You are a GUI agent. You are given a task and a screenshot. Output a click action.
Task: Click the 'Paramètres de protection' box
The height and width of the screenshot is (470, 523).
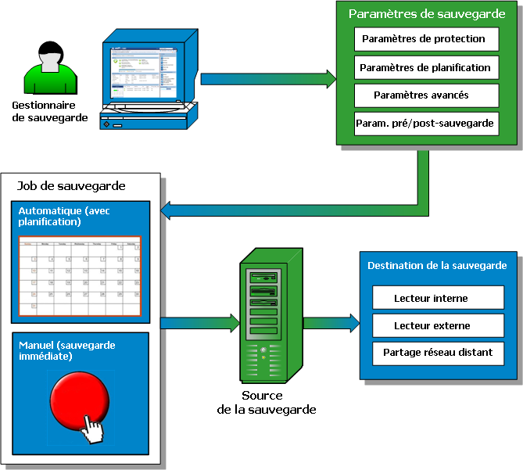[x=425, y=39]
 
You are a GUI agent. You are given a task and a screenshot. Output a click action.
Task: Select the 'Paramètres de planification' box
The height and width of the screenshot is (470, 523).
[x=425, y=67]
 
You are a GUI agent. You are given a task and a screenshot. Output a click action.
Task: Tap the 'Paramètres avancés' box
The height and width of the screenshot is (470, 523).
[x=425, y=95]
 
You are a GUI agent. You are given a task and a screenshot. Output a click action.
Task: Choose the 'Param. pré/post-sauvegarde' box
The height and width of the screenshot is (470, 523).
[x=425, y=124]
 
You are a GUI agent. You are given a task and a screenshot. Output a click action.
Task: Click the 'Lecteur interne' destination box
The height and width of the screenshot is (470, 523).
[x=437, y=298]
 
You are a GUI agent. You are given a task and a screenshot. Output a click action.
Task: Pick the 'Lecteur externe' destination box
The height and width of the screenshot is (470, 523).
[x=437, y=325]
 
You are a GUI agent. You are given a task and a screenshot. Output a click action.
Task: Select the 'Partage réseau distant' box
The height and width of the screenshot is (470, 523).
[x=437, y=353]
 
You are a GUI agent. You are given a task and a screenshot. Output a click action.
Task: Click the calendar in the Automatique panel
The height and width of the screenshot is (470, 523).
[x=80, y=277]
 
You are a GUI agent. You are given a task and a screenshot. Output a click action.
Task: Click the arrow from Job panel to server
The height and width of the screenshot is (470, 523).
[x=199, y=322]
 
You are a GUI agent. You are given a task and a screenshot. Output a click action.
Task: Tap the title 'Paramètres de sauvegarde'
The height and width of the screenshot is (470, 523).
[x=427, y=14]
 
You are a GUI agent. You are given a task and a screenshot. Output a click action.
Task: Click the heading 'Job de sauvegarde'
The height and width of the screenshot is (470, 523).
[x=71, y=186]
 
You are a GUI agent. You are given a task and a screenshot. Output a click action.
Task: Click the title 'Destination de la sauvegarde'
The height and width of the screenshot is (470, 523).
[x=437, y=266]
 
